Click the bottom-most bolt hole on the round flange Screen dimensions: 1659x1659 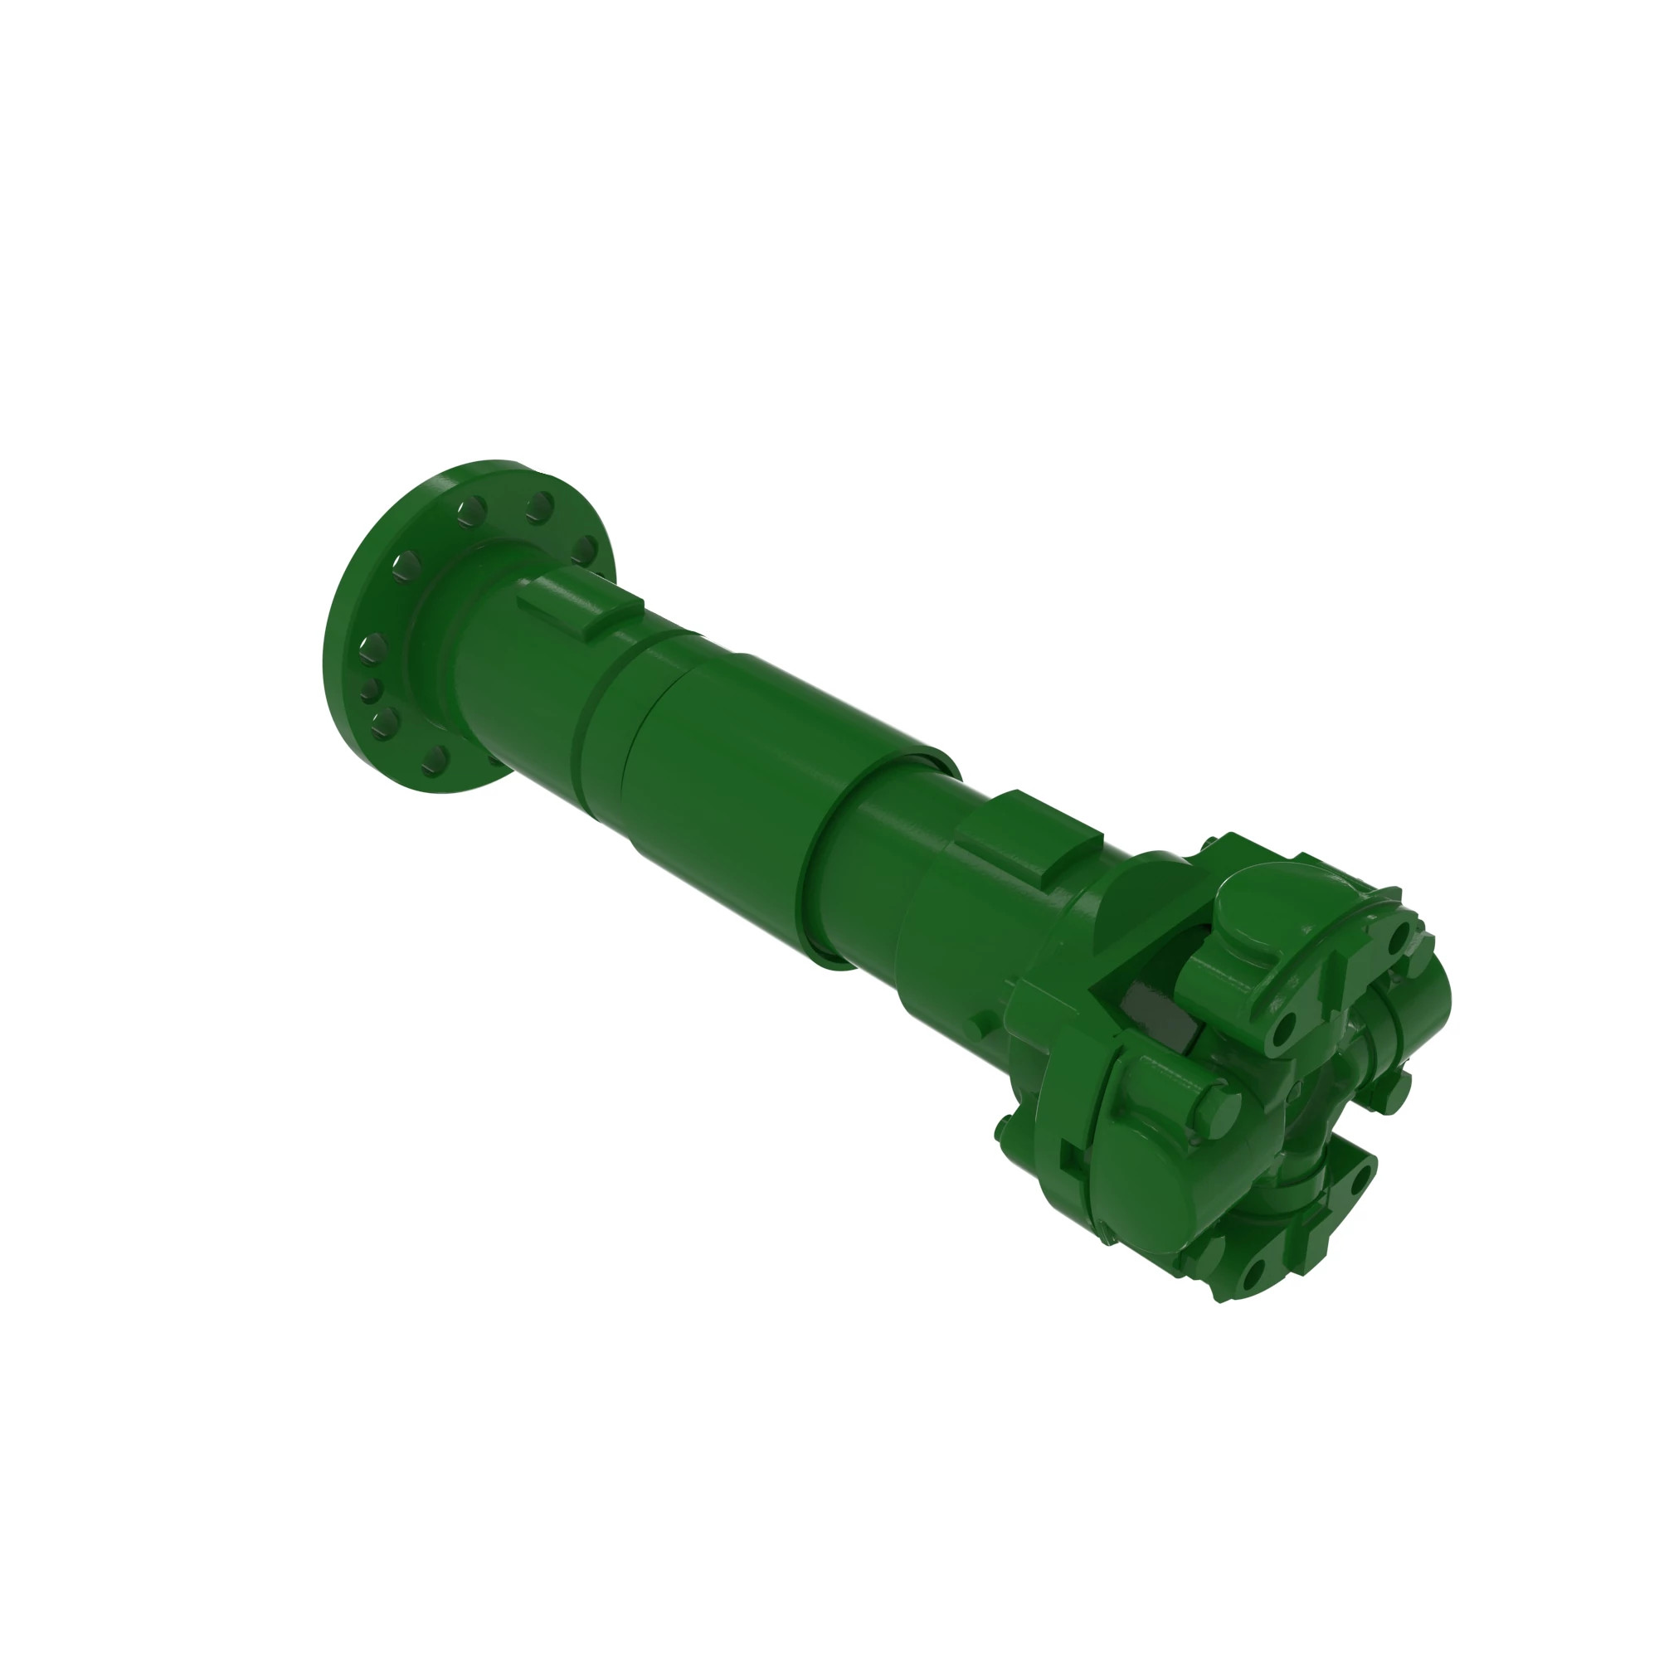[436, 757]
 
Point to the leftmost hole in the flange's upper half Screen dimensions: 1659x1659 [405, 567]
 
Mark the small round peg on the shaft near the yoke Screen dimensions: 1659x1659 [973, 1028]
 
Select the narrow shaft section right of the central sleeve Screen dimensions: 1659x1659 [884, 868]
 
